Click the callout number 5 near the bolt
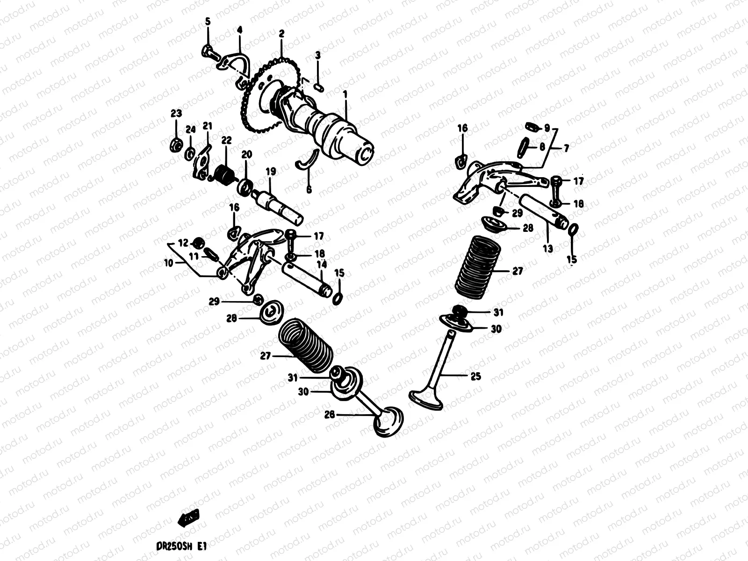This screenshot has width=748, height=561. click(208, 22)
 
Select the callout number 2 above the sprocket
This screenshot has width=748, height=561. click(281, 34)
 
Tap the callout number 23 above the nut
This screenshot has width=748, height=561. click(176, 114)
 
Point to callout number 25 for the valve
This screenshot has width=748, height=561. click(475, 376)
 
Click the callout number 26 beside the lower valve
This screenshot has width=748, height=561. click(330, 414)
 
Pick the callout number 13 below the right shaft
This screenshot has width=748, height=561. click(547, 249)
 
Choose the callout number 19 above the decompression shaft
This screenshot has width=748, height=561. click(271, 172)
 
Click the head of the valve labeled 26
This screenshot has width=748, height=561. click(388, 421)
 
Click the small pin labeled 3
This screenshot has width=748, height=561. click(318, 86)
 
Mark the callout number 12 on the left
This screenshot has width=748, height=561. click(183, 243)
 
